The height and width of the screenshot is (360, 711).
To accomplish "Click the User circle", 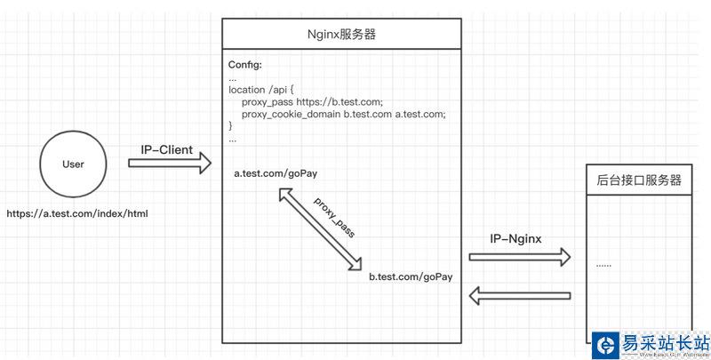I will coord(73,164).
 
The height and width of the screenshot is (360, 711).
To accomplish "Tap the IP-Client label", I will coord(166,149).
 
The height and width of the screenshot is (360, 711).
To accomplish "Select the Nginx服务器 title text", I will coord(341,36).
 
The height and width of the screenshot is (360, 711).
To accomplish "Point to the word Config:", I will coord(245,65).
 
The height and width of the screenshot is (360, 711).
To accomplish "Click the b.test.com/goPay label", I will coord(411,276).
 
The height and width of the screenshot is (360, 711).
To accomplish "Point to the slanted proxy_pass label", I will coord(335,216).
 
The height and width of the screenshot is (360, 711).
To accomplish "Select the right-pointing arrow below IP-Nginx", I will coord(520,257).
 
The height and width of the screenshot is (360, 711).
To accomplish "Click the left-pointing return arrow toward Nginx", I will coord(520,296).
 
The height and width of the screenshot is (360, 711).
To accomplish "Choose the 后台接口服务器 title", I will coord(639,180).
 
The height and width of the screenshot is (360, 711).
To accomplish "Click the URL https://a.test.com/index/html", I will coord(76,213).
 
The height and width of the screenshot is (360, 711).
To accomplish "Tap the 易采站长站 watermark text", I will coord(666,342).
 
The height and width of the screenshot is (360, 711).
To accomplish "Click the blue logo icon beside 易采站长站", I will coord(606,345).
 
